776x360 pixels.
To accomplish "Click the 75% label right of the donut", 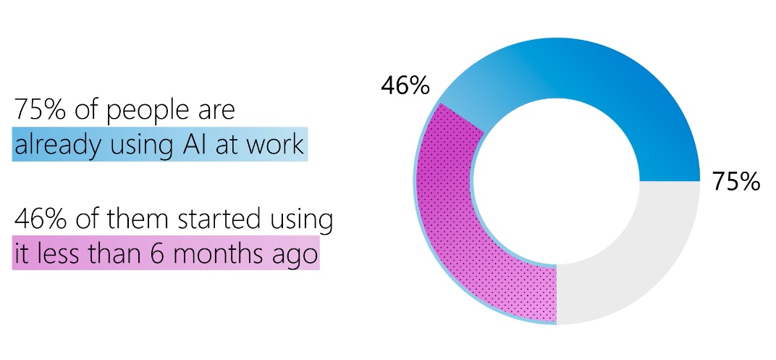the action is click(736, 182).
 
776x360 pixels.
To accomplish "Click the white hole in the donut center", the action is click(557, 181).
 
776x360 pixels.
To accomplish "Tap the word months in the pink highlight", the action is click(222, 253).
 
